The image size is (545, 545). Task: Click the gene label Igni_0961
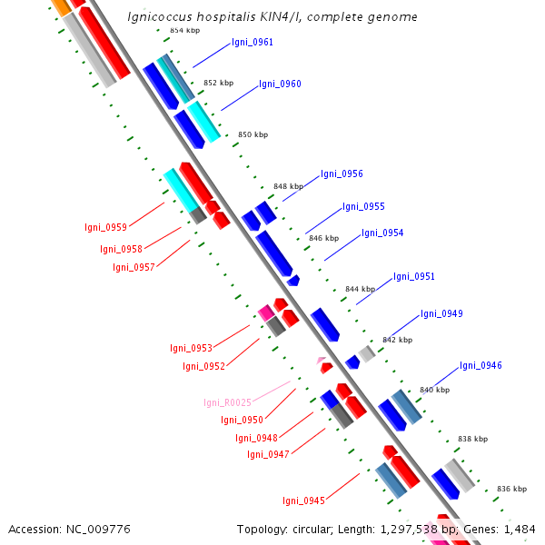[x=252, y=42]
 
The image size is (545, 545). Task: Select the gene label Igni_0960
[x=280, y=84]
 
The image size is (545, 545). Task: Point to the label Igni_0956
[x=342, y=173]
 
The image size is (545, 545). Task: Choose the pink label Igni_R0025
[x=227, y=402]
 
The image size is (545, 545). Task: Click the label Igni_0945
[x=303, y=500]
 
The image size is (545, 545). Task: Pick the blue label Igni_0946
[x=481, y=365]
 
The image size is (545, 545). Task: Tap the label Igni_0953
[x=191, y=348]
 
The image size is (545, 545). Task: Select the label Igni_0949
[x=441, y=313]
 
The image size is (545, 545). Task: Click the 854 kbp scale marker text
[x=184, y=30]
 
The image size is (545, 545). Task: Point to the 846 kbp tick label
[x=323, y=238]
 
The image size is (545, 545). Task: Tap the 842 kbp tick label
[x=397, y=340]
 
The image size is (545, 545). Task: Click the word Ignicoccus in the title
[x=160, y=16]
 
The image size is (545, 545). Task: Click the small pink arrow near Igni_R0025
[x=321, y=361]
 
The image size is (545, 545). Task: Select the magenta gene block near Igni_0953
[x=266, y=312]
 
